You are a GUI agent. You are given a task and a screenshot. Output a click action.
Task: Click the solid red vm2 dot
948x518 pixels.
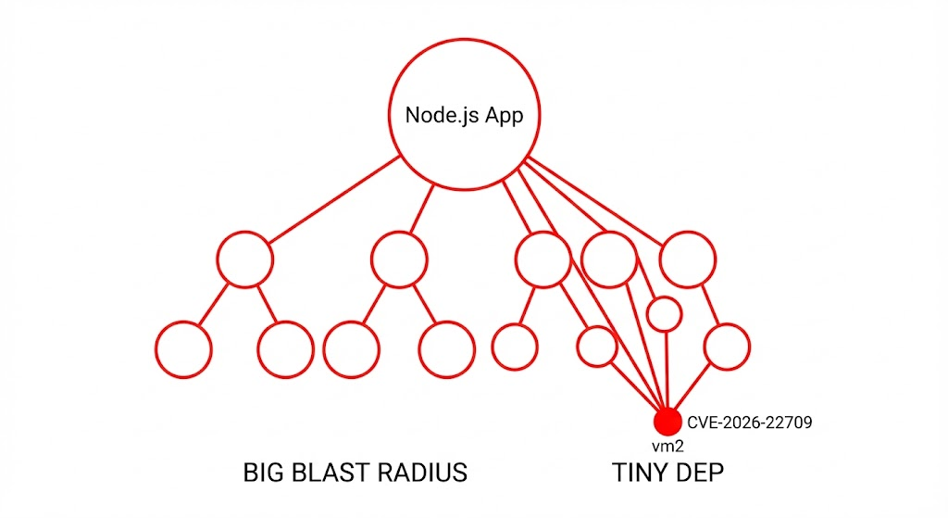(666, 422)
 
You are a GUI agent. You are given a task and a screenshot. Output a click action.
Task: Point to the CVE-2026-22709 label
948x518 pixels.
(749, 423)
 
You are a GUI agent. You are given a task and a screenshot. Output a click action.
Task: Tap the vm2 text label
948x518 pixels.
(667, 446)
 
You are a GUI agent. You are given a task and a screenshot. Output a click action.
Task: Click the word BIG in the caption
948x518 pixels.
(264, 473)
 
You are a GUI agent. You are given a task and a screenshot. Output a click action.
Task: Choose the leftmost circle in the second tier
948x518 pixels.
(245, 259)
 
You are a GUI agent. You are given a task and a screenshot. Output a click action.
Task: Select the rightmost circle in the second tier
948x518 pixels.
(690, 258)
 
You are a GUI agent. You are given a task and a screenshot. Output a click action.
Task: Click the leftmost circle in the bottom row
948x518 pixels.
(183, 349)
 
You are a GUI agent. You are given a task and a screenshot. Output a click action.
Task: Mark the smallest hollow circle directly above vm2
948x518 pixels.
(664, 314)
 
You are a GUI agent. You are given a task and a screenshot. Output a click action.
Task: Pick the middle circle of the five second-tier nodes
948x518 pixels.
(543, 259)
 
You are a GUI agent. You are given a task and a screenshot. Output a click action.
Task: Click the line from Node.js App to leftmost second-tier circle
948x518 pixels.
(333, 200)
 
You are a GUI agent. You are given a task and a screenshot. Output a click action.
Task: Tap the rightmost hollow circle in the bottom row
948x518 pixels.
(727, 347)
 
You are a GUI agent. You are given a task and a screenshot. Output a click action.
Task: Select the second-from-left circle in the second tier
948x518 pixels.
(399, 259)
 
